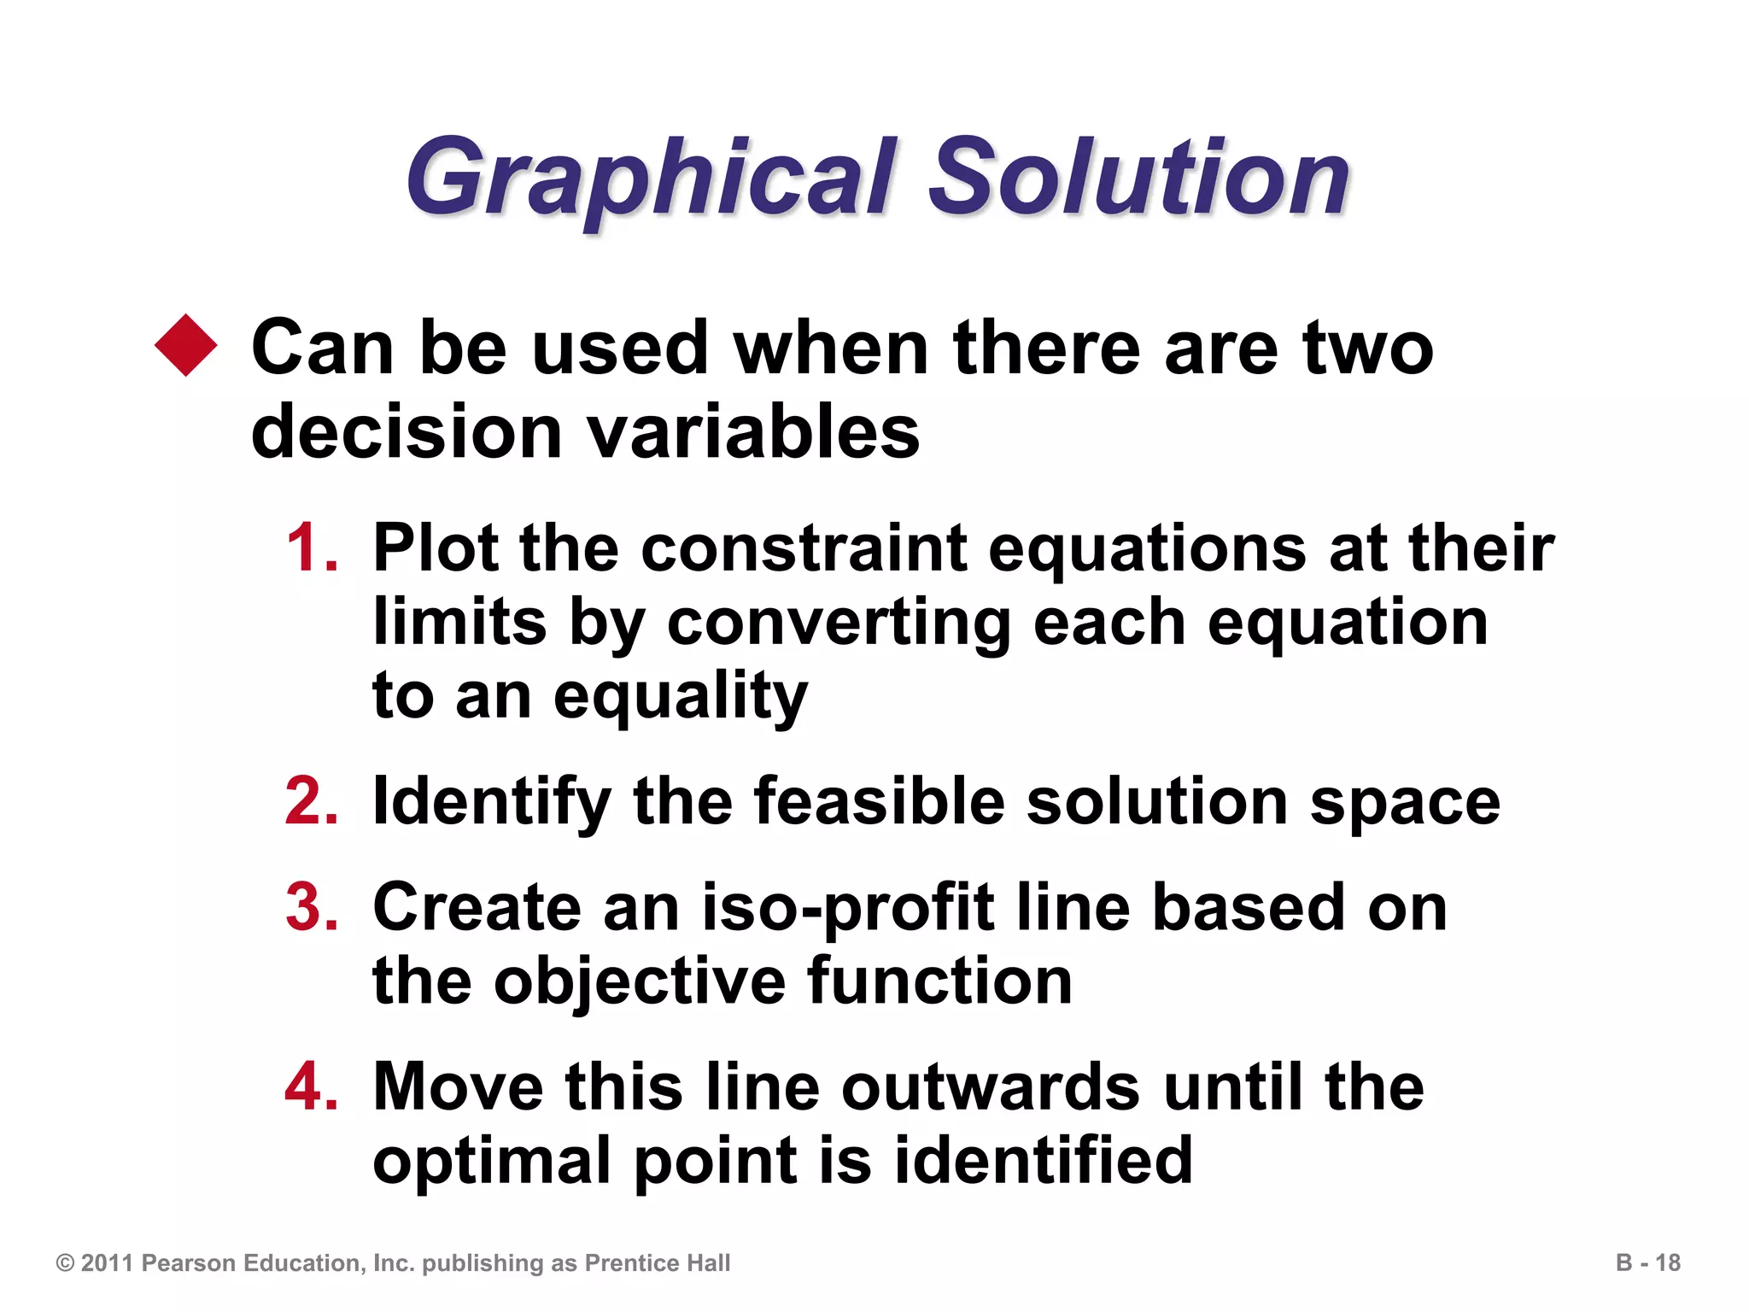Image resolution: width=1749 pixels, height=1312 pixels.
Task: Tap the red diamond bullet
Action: coord(186,345)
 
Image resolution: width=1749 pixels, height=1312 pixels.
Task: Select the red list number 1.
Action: coord(311,548)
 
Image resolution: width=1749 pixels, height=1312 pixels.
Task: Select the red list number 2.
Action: coord(312,801)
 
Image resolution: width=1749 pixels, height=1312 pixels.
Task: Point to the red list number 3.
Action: coord(312,906)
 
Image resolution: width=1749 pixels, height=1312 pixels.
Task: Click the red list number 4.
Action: coord(312,1086)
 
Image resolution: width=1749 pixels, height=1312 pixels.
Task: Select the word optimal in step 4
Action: coord(492,1162)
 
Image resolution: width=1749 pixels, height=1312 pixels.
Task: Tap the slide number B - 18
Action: coord(1647,1262)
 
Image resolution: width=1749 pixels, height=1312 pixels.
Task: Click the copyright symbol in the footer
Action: coord(65,1262)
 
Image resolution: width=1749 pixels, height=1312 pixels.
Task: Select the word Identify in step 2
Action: coord(492,803)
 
